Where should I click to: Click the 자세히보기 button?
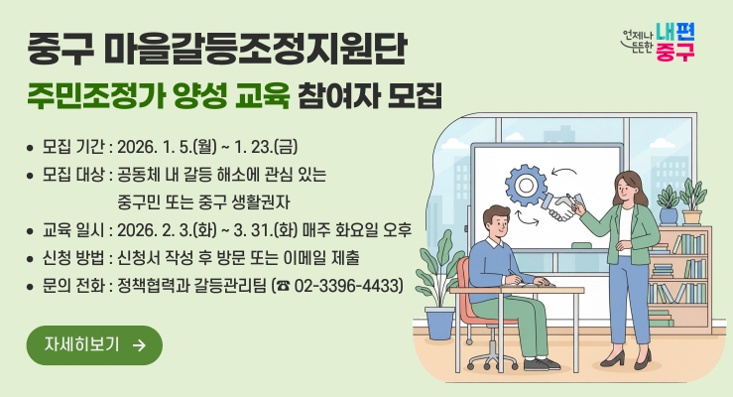[94, 344]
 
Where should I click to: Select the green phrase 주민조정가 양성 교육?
[159, 97]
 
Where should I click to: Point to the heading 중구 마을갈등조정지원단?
[217, 47]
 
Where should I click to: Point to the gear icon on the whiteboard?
[525, 184]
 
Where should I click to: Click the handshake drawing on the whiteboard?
[566, 206]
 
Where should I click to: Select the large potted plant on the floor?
[435, 288]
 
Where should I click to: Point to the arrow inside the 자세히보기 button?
[139, 344]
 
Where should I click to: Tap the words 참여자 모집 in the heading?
[371, 97]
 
